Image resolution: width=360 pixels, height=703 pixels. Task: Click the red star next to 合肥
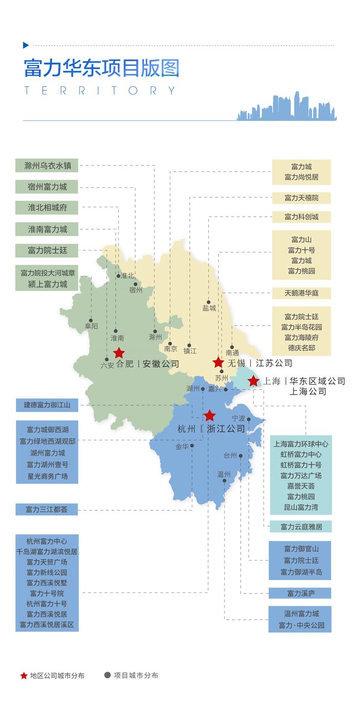[x=119, y=352]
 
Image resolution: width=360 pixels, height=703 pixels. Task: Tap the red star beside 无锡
[x=219, y=362]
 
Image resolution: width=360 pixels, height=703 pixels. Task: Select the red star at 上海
[x=254, y=381]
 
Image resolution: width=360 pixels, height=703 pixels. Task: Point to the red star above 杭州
[x=209, y=416]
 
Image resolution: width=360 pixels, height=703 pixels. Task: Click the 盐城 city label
[x=209, y=309]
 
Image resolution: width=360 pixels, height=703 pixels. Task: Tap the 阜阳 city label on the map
[x=91, y=326]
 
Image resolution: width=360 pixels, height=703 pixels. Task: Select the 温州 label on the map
[x=224, y=474]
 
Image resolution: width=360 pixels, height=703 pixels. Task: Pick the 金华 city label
[x=182, y=447]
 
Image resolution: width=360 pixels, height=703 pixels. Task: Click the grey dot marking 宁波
[x=249, y=420]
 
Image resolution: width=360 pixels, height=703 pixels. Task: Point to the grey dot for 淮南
[x=115, y=331]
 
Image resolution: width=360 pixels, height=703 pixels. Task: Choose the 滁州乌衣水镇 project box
[x=47, y=166]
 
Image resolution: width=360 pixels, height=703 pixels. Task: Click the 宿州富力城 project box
[x=47, y=187]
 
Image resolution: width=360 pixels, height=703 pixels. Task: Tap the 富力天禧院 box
[x=301, y=198]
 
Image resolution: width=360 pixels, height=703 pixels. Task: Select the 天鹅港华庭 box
[x=301, y=293]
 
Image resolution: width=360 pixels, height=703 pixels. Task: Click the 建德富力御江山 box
[x=47, y=405]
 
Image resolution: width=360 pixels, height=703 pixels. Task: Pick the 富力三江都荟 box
[x=47, y=510]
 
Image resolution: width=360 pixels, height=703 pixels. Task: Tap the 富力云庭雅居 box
[x=301, y=527]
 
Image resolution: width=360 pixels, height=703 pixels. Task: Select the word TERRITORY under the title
[x=100, y=91]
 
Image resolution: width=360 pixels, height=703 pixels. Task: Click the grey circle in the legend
[x=107, y=675]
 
